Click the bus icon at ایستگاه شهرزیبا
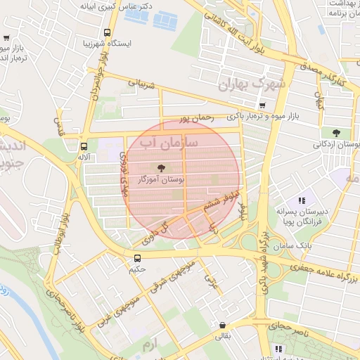tap(107, 32)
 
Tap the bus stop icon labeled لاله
tap(84, 147)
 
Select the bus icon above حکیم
tap(136, 257)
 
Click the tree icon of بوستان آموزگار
tap(162, 167)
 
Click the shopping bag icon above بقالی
tap(223, 326)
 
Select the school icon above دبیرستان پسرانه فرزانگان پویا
tap(302, 201)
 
